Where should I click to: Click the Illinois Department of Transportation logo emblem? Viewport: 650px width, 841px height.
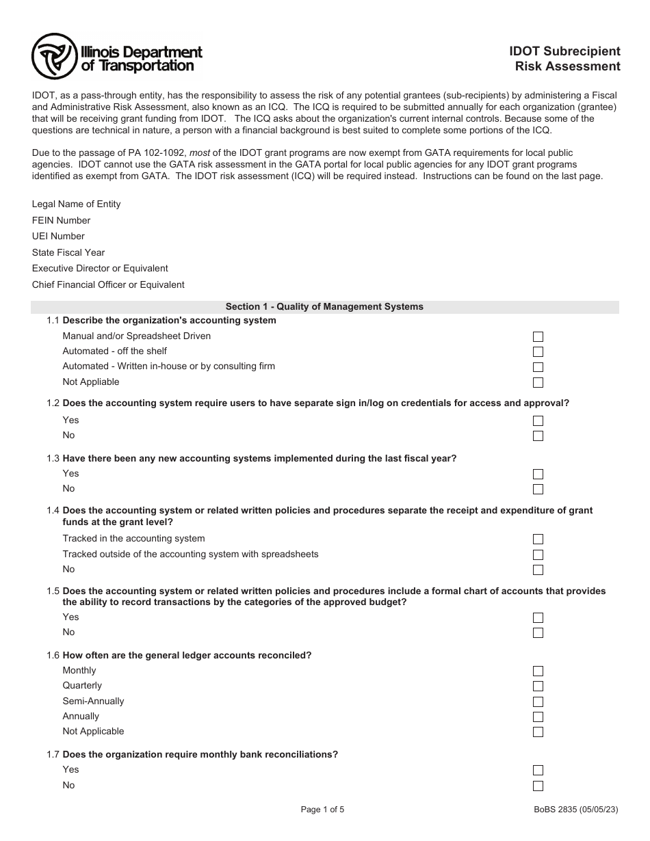(54, 58)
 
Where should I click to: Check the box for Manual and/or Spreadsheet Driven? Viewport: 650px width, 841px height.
(538, 337)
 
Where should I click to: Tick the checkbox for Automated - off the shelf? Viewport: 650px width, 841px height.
(538, 352)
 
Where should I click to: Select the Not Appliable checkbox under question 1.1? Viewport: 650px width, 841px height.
(538, 383)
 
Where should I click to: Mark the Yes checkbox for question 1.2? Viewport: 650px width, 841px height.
(538, 421)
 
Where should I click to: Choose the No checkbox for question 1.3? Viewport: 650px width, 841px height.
(538, 490)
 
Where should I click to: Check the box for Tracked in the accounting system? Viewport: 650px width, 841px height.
(538, 539)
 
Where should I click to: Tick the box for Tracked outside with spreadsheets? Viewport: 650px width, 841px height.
(538, 555)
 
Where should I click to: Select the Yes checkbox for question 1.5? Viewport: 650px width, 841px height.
(538, 618)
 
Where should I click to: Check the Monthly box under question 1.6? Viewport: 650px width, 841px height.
(538, 671)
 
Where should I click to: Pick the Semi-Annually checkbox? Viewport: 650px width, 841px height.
(538, 702)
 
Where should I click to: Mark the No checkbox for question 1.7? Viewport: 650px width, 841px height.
(538, 786)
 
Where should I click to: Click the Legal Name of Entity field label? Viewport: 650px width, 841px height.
(76, 204)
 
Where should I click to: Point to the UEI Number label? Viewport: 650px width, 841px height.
(58, 237)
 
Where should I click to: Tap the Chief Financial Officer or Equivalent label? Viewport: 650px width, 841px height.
(108, 285)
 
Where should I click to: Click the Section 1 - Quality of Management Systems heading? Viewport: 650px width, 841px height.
(324, 307)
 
